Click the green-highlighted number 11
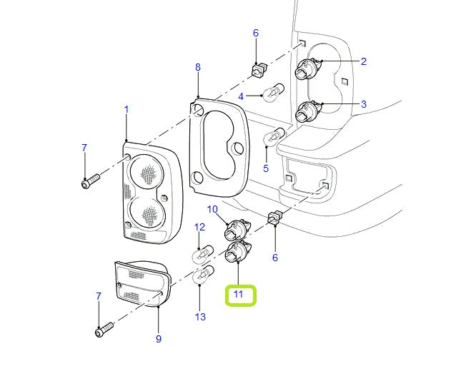(x=239, y=294)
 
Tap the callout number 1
(x=127, y=110)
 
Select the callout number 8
(x=198, y=68)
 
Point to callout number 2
(x=363, y=61)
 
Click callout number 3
(x=363, y=104)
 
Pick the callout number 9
(x=158, y=339)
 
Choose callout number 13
(x=199, y=317)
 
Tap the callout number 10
(x=212, y=209)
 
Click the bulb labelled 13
(x=204, y=274)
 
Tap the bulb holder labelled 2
(x=308, y=69)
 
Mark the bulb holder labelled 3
(x=308, y=111)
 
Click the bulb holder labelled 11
(x=236, y=253)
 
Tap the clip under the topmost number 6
(x=259, y=69)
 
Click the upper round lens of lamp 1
(x=147, y=171)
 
